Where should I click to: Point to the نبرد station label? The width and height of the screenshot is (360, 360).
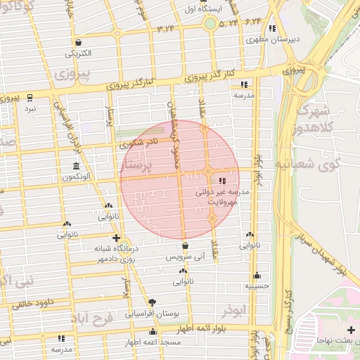30,109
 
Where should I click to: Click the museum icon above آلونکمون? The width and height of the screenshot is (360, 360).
75,166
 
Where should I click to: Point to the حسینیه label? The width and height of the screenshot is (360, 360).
257,286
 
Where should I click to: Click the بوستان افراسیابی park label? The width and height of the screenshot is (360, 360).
152,314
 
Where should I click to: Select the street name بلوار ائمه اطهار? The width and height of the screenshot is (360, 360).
190,328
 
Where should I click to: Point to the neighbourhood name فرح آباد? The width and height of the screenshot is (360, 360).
92,319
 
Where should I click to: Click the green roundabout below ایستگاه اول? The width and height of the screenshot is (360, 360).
210,24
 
